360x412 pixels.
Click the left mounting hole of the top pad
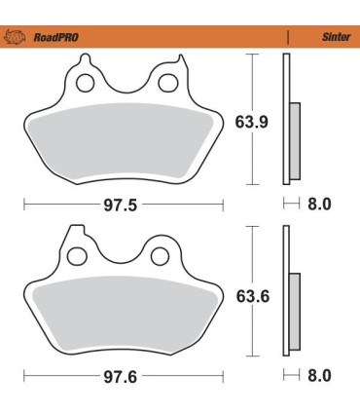tap(86, 83)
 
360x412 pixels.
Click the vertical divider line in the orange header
tap(290, 39)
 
